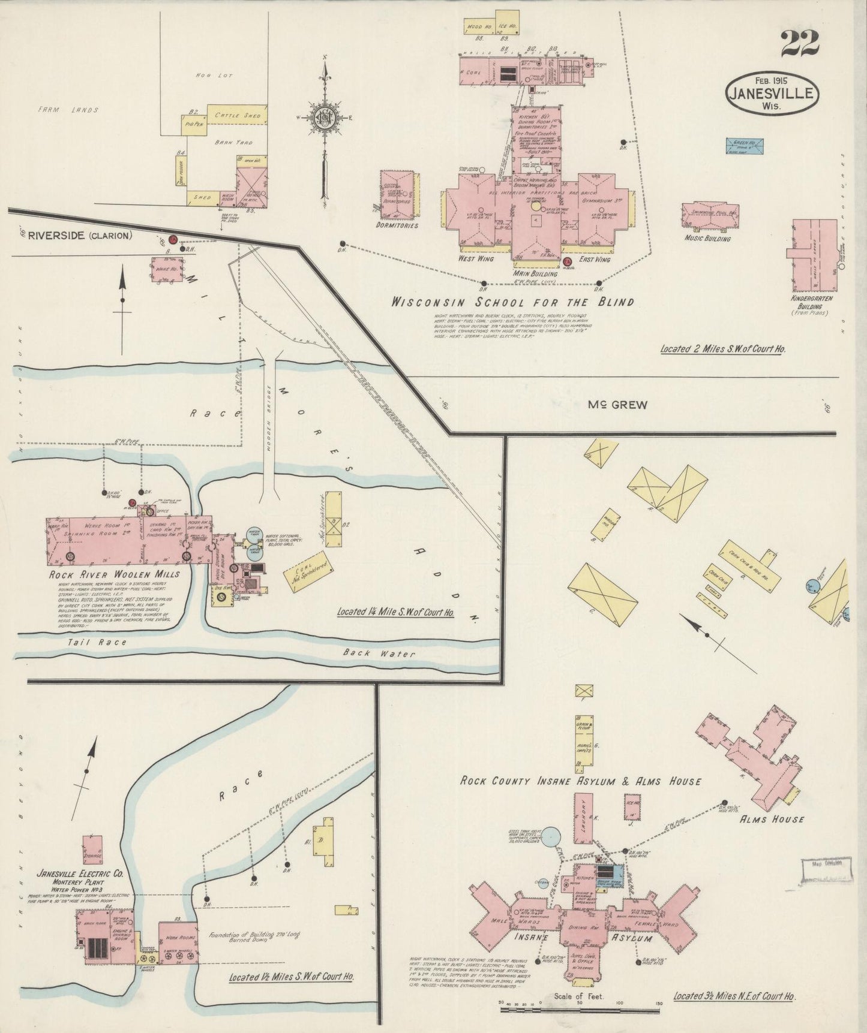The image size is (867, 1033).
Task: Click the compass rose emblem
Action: [325, 117]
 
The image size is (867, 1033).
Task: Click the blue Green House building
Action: [745, 146]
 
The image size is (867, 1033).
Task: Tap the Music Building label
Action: [708, 239]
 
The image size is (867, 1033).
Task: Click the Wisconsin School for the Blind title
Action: [512, 302]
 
